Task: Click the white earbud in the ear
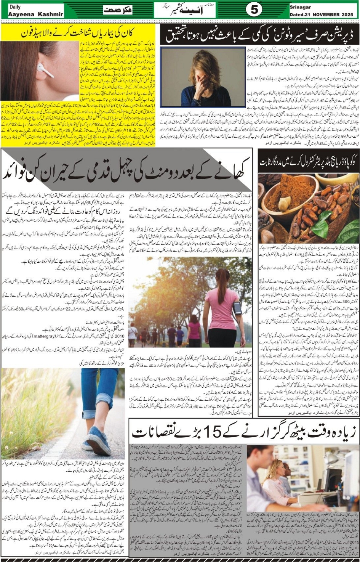(x=45, y=69)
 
